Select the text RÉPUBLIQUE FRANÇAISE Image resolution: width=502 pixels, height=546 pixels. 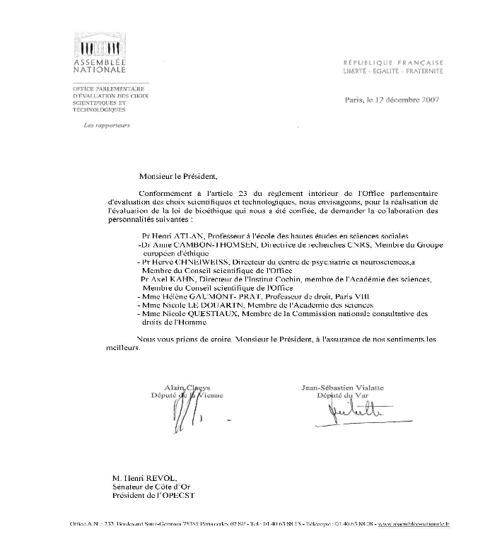(x=392, y=62)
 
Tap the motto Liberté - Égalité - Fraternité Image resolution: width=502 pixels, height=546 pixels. (x=392, y=71)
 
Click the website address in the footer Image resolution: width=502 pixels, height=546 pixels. (x=413, y=524)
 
